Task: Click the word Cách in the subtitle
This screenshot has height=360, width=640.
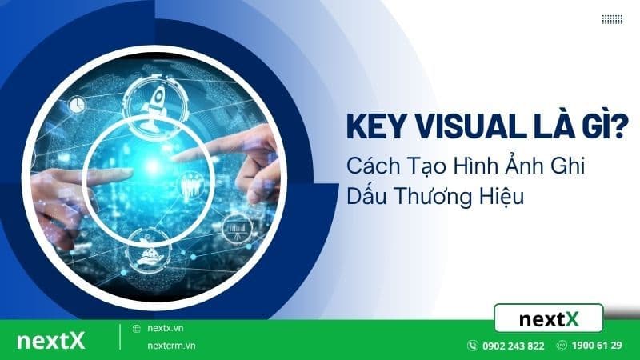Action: click(371, 166)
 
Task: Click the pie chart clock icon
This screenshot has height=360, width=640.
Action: click(78, 105)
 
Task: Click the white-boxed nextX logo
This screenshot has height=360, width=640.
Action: click(548, 318)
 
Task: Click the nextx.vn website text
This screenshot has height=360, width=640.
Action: click(165, 328)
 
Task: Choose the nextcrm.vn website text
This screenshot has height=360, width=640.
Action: click(172, 346)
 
